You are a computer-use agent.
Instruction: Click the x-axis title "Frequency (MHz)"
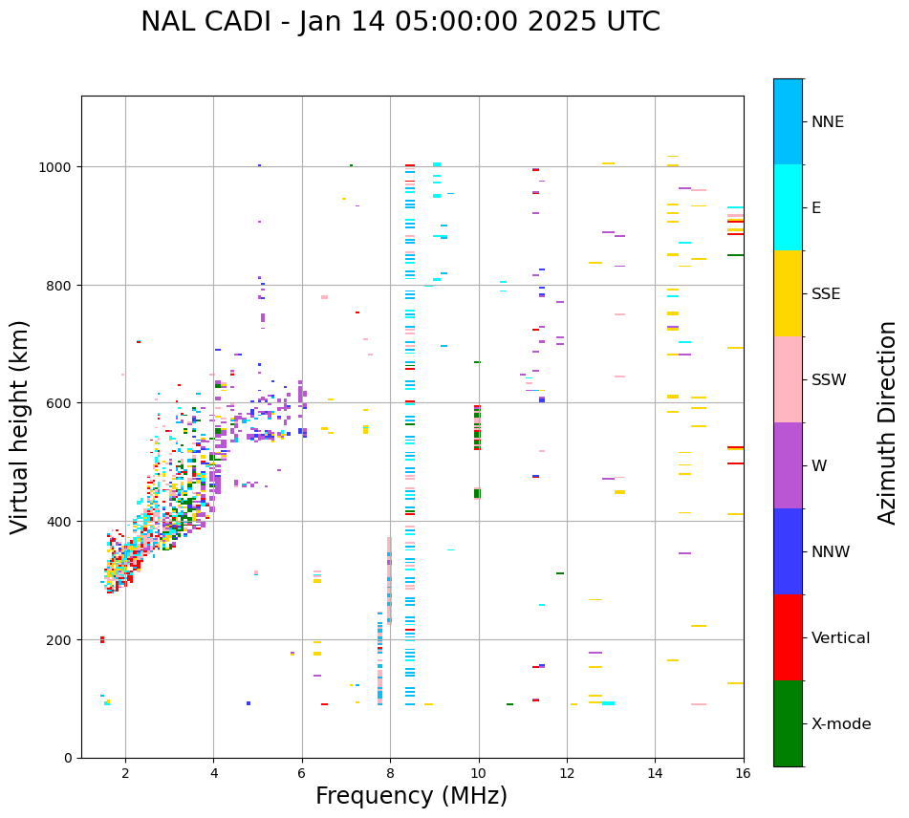pyautogui.click(x=411, y=796)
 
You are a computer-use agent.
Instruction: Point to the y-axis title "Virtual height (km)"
pyautogui.click(x=20, y=426)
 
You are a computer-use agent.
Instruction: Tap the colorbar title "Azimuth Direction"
pyautogui.click(x=888, y=422)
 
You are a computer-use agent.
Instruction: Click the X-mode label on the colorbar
pyautogui.click(x=841, y=724)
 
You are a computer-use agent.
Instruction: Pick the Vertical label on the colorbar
pyautogui.click(x=840, y=638)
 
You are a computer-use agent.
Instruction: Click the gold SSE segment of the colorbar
pyautogui.click(x=788, y=293)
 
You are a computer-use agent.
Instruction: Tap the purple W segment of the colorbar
pyautogui.click(x=788, y=465)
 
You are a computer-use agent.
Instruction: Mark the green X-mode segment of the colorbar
pyautogui.click(x=788, y=723)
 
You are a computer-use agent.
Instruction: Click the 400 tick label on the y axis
pyautogui.click(x=61, y=522)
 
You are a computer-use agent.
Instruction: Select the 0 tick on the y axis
pyautogui.click(x=69, y=758)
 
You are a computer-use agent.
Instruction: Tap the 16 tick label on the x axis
pyautogui.click(x=743, y=773)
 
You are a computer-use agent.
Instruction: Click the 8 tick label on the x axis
pyautogui.click(x=390, y=773)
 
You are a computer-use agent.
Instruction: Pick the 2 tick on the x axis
pyautogui.click(x=125, y=773)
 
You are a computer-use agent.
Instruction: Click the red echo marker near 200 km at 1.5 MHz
pyautogui.click(x=102, y=639)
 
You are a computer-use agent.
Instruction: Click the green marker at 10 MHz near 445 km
pyautogui.click(x=477, y=493)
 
